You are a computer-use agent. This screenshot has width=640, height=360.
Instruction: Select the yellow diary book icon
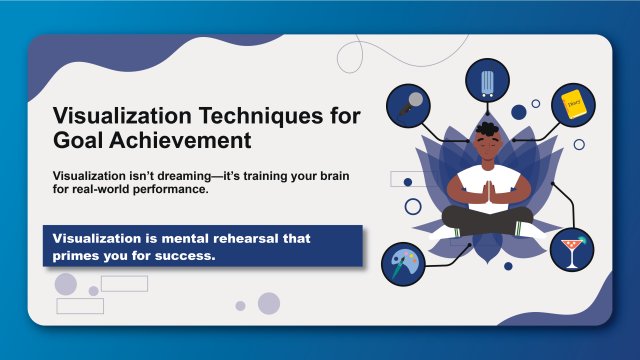(572, 101)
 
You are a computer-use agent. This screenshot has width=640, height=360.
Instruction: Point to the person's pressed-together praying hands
(489, 188)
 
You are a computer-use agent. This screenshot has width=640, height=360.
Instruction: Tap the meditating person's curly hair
(489, 128)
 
